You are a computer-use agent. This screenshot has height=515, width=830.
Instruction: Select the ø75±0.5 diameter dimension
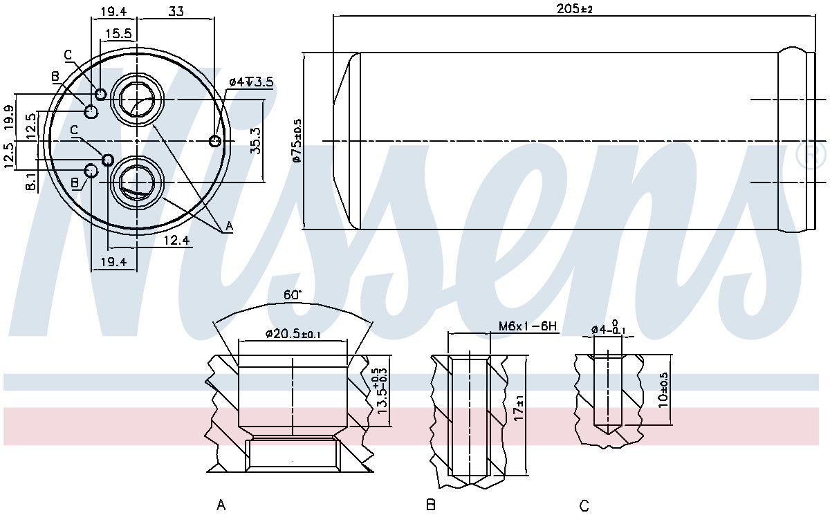click(x=297, y=140)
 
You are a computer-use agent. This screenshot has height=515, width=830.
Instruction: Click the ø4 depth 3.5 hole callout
click(x=251, y=82)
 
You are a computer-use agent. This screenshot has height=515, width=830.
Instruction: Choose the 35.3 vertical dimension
click(x=255, y=140)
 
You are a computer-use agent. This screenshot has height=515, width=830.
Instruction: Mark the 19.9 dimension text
click(x=8, y=118)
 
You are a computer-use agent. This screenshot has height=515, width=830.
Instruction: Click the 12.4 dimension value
click(x=177, y=240)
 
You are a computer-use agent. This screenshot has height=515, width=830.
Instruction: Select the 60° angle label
click(x=293, y=294)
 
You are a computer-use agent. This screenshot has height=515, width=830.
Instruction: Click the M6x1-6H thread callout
click(x=527, y=326)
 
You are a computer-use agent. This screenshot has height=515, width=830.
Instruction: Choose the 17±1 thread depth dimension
click(x=520, y=414)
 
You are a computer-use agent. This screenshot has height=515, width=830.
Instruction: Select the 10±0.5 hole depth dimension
click(x=664, y=391)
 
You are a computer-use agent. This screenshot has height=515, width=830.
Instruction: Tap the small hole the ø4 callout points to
click(x=215, y=141)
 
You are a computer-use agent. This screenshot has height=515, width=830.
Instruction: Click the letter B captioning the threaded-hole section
click(x=431, y=505)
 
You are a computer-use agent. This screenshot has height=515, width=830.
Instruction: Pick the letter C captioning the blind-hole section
click(x=584, y=506)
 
